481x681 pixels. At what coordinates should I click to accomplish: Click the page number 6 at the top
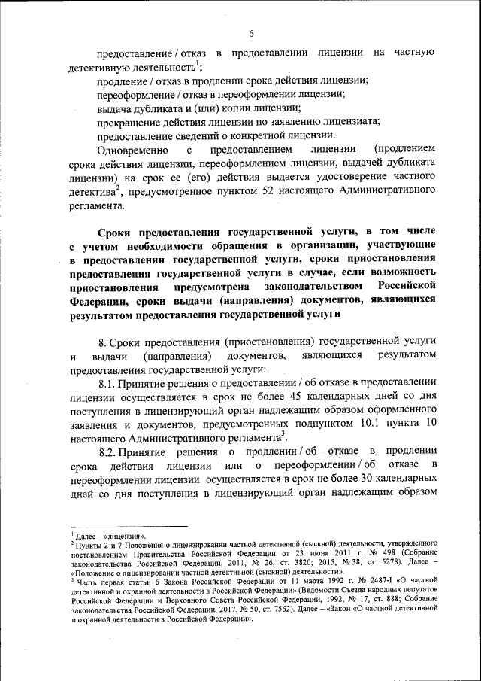pos(251,33)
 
